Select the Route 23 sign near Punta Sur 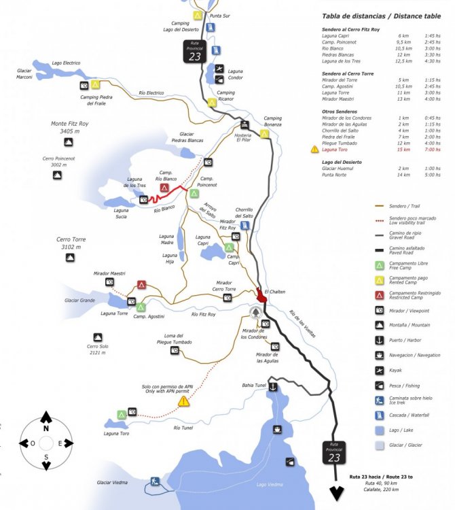tap(196, 52)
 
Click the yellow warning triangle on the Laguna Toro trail tap(183, 402)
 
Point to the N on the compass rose tap(45, 429)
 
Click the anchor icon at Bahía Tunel tap(272, 387)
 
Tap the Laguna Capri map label tap(204, 240)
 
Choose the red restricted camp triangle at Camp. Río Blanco tap(164, 187)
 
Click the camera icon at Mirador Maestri tap(109, 282)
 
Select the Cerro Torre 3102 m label tap(71, 243)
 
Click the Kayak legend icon tap(380, 370)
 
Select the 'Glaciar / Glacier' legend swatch tap(380, 445)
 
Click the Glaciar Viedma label tap(112, 482)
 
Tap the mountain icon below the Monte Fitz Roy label tap(69, 142)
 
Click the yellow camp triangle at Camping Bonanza tap(265, 133)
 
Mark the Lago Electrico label tap(65, 63)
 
